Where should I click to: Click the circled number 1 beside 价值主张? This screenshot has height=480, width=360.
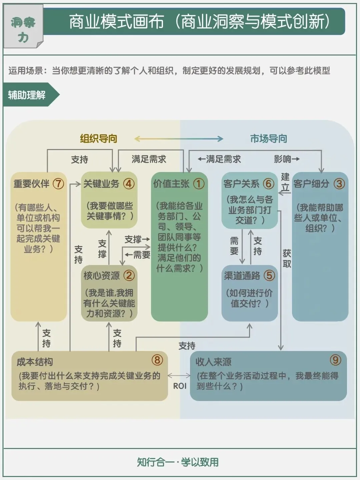[x=199, y=183]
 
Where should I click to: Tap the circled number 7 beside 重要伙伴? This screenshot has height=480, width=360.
[x=58, y=183]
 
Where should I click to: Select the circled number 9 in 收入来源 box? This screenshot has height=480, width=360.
[x=335, y=360]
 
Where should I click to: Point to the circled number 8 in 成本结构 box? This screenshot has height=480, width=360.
[x=157, y=360]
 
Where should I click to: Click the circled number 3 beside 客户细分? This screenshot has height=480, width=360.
[x=339, y=183]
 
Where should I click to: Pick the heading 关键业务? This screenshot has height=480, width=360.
[x=101, y=184]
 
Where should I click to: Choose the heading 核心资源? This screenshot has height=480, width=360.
[x=101, y=275]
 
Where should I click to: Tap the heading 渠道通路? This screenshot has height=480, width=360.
[x=242, y=275]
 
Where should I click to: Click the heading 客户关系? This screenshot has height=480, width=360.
[x=241, y=184]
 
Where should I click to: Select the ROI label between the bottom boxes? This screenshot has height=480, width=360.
[x=180, y=386]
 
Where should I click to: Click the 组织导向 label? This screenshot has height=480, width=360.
[x=99, y=139]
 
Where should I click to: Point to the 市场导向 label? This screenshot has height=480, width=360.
[x=269, y=139]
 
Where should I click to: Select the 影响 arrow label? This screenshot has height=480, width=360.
[x=286, y=159]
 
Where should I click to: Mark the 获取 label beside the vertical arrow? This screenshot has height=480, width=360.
[x=287, y=258]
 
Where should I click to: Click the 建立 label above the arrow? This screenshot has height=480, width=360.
[x=285, y=182]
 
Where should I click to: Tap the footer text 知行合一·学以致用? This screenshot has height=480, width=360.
[x=178, y=462]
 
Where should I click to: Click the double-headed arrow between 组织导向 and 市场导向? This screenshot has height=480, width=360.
[x=179, y=139]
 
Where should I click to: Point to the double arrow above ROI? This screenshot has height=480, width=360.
[x=179, y=376]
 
